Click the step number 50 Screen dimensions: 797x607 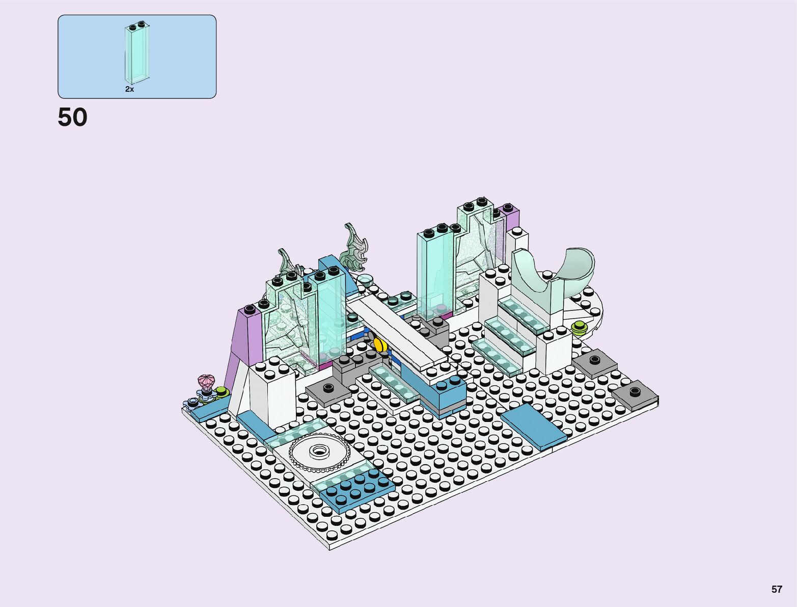[x=72, y=117]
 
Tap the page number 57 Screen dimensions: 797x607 [x=777, y=589]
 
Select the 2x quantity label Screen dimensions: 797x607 [x=129, y=89]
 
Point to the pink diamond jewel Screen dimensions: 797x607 [x=206, y=381]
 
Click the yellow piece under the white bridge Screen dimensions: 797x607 [x=380, y=345]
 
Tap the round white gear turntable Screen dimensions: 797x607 [x=319, y=452]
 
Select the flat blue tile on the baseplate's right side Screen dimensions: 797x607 [x=533, y=427]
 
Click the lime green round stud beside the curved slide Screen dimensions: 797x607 [x=579, y=328]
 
